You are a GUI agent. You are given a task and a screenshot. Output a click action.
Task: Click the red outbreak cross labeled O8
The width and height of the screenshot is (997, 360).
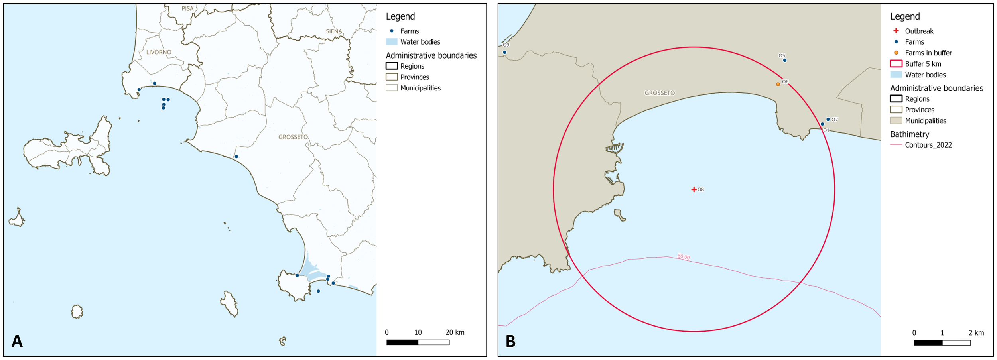pos(694,189)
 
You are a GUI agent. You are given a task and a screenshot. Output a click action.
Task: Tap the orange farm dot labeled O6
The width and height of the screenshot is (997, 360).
pos(778,84)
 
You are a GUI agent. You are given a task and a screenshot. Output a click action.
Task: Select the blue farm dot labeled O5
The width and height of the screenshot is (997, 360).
pos(785,61)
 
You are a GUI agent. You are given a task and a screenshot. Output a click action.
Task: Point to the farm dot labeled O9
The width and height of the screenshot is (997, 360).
pos(505,52)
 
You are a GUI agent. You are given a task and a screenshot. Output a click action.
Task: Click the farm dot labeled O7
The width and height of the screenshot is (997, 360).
pos(828,119)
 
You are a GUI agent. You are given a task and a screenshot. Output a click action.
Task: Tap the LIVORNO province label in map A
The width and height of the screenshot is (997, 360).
pos(159,52)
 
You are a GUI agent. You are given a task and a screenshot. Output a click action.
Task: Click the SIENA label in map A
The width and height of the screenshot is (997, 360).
pos(334,31)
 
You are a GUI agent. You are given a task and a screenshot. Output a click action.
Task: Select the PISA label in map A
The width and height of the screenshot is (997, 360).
pos(187,8)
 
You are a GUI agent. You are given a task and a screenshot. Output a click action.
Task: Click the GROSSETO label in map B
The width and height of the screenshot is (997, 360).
pos(660,93)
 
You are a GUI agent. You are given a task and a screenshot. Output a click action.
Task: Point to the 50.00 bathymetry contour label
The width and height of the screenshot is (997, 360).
pos(684,257)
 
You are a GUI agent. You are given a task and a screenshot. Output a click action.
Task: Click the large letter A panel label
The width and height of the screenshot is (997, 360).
pos(17,341)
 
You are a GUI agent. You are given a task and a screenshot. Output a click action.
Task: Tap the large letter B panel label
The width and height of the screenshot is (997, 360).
pos(510,341)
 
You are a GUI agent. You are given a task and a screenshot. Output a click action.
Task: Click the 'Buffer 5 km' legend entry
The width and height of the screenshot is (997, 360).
pos(923,64)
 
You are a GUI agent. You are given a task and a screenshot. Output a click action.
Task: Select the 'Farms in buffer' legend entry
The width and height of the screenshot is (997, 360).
pos(928,53)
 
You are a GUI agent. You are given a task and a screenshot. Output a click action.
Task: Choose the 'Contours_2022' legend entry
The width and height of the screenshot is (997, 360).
pos(928,145)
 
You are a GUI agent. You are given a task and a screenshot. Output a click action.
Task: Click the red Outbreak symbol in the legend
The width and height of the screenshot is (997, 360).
pos(896,31)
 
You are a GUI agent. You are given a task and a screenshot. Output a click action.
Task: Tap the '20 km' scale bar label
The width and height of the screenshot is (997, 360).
pos(455,332)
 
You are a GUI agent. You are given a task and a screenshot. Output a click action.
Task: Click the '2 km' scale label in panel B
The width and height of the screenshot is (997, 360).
pos(976,333)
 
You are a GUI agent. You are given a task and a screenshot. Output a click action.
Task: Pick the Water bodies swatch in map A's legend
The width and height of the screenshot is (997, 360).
pos(392,42)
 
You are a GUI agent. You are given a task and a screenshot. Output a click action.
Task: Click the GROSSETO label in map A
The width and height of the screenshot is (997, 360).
pos(293,137)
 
